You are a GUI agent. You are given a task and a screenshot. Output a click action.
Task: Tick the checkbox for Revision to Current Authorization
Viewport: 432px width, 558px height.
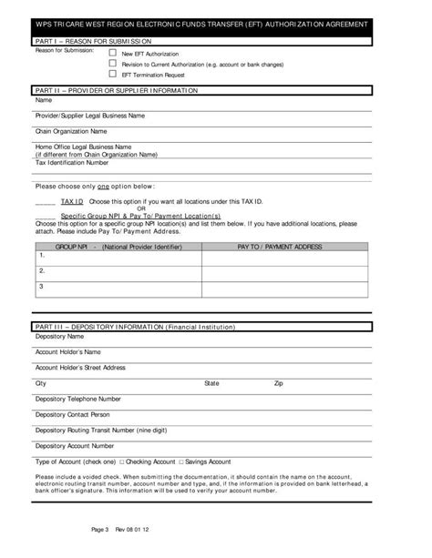[x=112, y=65]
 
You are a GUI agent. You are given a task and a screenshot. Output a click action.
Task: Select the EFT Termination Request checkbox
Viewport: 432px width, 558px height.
[x=112, y=75]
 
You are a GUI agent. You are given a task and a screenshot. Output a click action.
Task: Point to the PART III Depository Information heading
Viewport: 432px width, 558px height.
[x=135, y=325]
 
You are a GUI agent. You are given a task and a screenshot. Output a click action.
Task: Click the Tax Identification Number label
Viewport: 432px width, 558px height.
[x=72, y=162]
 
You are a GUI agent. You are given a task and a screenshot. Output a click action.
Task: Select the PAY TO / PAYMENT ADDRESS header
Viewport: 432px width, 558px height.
[x=280, y=246]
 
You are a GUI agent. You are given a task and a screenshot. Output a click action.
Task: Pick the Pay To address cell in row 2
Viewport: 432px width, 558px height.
[x=284, y=272]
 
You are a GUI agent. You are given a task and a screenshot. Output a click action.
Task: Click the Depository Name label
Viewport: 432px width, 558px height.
[x=59, y=336]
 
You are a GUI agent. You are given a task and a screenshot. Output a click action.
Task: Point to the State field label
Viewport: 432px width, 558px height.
[x=211, y=383]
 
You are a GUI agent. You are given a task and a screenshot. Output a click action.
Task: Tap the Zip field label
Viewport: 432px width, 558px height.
[x=279, y=383]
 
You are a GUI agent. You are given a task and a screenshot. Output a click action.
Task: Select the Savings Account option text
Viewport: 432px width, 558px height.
[x=209, y=462]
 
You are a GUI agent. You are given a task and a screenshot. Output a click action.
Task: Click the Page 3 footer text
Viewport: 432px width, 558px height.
[x=100, y=529]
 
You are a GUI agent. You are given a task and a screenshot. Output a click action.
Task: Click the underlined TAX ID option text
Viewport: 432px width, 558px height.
[x=73, y=200]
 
